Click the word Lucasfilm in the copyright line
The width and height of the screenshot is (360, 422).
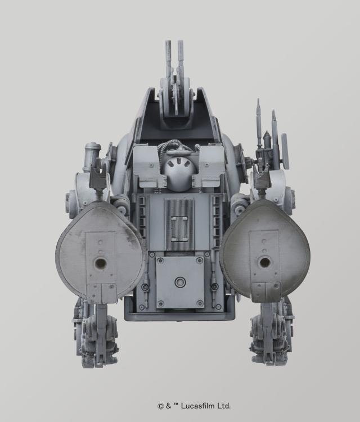pyautogui.click(x=197, y=406)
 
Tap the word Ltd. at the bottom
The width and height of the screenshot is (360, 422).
pyautogui.click(x=223, y=406)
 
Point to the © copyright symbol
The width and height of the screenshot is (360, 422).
pyautogui.click(x=160, y=406)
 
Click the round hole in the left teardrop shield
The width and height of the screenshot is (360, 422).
pyautogui.click(x=101, y=263)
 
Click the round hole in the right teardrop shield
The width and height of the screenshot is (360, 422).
pyautogui.click(x=263, y=262)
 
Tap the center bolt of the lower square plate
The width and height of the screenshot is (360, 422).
pyautogui.click(x=180, y=282)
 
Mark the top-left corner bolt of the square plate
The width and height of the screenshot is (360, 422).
pyautogui.click(x=160, y=261)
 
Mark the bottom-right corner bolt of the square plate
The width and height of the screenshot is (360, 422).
pyautogui.click(x=200, y=304)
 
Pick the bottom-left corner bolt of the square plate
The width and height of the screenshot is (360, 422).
pyautogui.click(x=160, y=304)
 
